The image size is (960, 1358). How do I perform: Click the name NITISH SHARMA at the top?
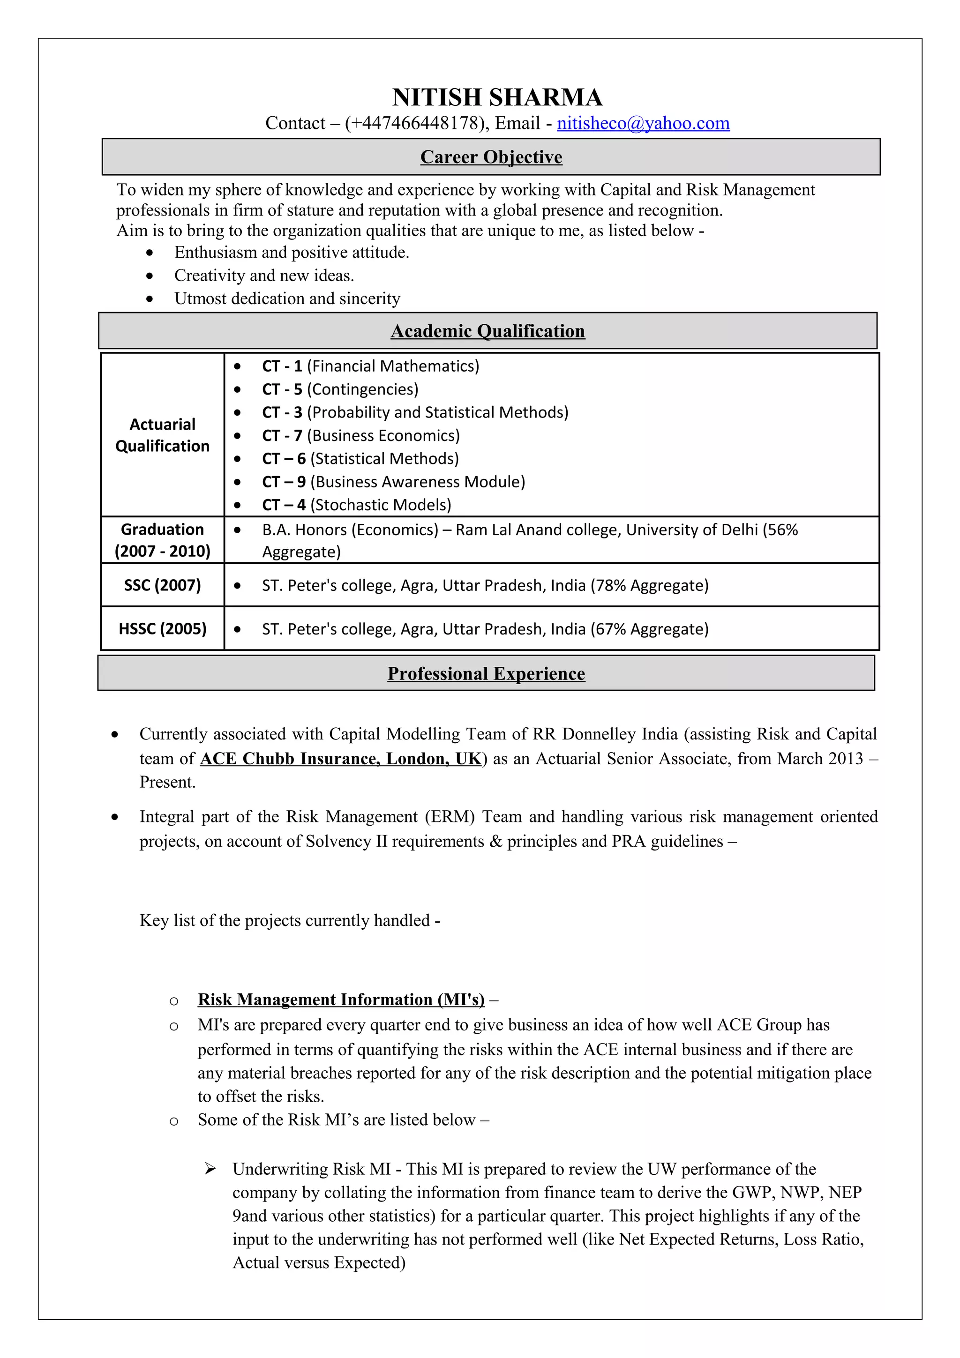click(x=497, y=97)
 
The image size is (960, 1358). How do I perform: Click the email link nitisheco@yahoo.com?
click(x=643, y=123)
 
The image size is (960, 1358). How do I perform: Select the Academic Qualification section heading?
click(x=487, y=331)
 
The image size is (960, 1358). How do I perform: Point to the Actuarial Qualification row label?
click(x=162, y=435)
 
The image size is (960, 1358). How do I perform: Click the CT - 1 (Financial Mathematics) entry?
click(x=370, y=366)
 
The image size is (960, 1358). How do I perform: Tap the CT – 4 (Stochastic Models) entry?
click(x=356, y=505)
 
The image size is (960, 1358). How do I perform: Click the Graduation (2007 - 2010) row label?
click(x=162, y=539)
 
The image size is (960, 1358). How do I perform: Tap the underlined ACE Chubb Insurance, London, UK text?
click(x=341, y=758)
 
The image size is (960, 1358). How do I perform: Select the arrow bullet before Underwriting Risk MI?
click(x=210, y=1169)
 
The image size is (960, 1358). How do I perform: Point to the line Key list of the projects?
click(x=289, y=920)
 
